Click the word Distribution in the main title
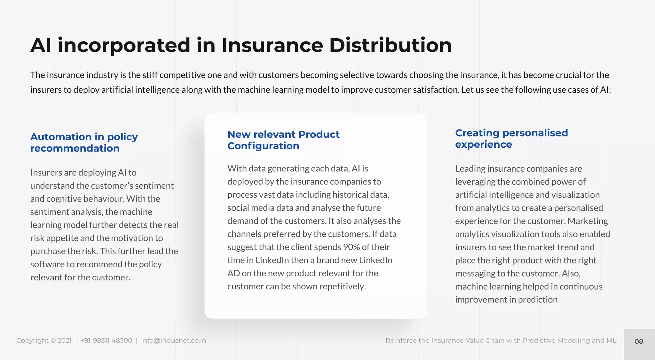coord(390,45)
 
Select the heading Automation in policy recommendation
coord(84,143)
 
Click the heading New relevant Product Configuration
coord(283,140)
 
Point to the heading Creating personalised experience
coord(511,139)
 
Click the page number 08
coord(639,341)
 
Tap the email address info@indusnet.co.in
coord(173,340)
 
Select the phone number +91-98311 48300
coord(106,340)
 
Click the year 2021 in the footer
coord(64,340)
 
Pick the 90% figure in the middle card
coord(351,247)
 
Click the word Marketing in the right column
coord(588,221)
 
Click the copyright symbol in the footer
coord(53,340)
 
